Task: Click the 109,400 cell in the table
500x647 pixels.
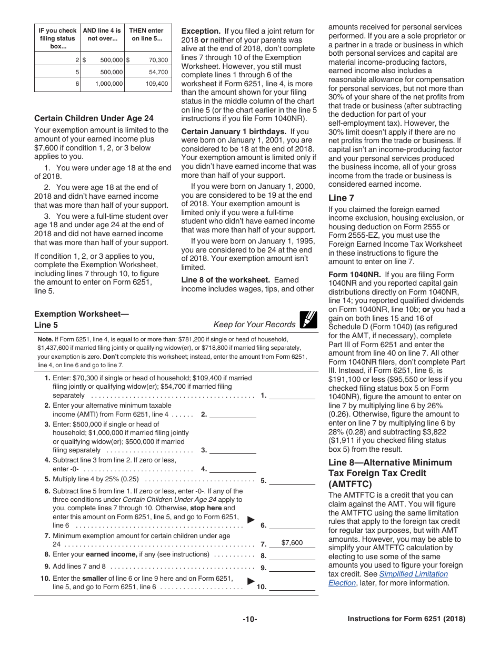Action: click(157, 84)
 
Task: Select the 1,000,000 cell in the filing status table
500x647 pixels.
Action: click(109, 84)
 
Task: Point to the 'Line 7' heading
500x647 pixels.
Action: click(341, 198)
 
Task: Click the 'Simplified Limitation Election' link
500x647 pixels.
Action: click(387, 578)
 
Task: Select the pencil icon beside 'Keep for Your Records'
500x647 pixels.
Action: click(308, 320)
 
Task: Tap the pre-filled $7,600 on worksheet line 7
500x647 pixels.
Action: click(292, 543)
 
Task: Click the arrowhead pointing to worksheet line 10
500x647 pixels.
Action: click(251, 581)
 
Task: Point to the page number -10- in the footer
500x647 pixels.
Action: click(250, 619)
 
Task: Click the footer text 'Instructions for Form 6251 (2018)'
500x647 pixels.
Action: click(406, 619)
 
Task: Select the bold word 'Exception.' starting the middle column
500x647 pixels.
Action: click(201, 31)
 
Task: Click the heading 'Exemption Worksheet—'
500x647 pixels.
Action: click(82, 314)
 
